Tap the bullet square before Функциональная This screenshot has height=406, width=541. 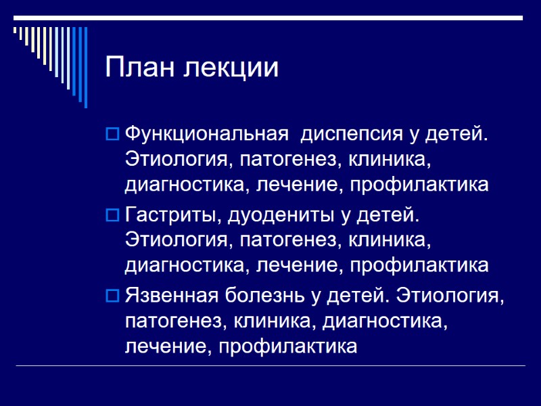112,135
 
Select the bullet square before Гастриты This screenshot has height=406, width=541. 112,217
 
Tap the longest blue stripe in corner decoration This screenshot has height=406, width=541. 85,66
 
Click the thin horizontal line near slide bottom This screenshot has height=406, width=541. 270,366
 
